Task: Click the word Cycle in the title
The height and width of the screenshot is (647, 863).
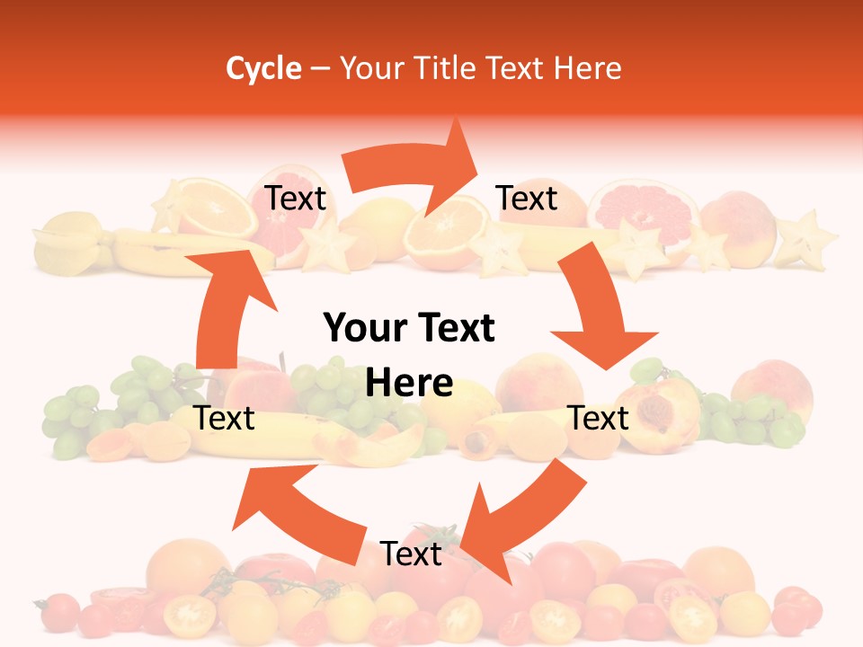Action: click(x=263, y=68)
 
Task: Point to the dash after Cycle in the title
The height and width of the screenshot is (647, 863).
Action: click(x=321, y=69)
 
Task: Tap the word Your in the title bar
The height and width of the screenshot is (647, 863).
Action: click(x=370, y=68)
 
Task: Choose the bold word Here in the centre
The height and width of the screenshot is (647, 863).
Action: click(x=409, y=384)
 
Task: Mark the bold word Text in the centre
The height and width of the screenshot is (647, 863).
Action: click(x=457, y=328)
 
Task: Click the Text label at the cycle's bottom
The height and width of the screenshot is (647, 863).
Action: click(x=411, y=554)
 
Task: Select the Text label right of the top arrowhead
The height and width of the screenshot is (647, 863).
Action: click(x=527, y=198)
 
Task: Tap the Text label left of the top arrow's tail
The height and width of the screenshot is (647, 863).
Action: click(x=295, y=198)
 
